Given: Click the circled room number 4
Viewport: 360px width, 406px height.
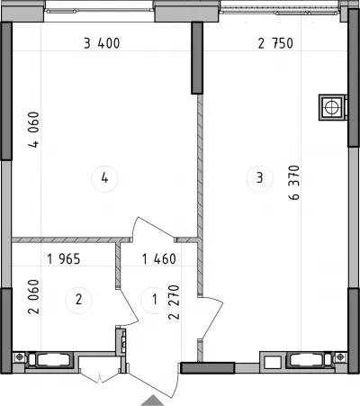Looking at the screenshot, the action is point(104,178).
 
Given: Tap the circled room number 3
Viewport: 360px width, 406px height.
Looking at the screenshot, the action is point(260,178).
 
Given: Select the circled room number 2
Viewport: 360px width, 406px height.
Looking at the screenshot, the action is point(78,300).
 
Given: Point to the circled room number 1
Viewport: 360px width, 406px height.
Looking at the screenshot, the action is point(155,300).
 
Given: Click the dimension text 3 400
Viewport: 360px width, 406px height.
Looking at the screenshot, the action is point(102,43).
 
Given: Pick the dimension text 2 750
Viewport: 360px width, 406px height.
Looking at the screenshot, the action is point(275,43).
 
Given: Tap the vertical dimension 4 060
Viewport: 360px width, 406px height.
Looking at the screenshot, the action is point(34,130).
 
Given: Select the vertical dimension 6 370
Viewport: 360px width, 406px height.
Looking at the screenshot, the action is point(294,183).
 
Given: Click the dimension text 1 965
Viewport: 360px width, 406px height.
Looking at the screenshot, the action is point(64,259).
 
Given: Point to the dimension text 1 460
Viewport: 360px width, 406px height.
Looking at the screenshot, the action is point(159,259).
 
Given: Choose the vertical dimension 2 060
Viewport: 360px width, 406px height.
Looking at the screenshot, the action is point(33,297).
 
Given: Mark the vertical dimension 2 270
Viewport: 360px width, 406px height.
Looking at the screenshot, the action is point(174,302).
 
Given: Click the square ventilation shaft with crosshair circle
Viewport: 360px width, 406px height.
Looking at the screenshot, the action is point(332,107).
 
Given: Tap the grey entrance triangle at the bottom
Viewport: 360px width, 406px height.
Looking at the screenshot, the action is point(152,401).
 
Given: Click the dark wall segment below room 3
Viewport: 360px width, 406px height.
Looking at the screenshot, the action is point(208,368).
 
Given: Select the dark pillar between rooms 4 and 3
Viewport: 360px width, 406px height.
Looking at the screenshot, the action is point(197,58).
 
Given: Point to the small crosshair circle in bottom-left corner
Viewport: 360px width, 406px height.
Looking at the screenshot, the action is point(20,356).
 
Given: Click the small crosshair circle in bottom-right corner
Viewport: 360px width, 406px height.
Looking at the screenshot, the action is point(340,356).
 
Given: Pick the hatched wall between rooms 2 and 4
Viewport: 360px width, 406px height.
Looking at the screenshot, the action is point(72,239).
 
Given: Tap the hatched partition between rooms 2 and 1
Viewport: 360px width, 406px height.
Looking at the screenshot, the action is point(118,266).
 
